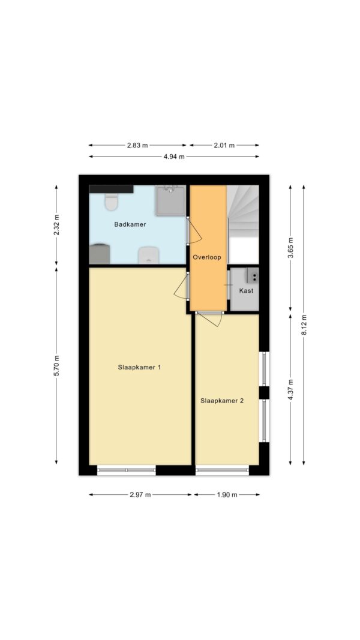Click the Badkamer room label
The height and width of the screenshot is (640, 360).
pos(130,224)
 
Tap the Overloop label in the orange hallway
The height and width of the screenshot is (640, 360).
pos(207,257)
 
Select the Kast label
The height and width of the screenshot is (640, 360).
pos(246,291)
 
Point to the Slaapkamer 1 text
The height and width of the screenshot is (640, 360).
pos(139,367)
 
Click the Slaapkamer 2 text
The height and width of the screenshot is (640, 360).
pos(222,401)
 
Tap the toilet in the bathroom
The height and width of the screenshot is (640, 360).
pos(111,202)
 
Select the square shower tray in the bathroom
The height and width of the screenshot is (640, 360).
pos(170,200)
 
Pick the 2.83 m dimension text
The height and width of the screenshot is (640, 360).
pos(137,145)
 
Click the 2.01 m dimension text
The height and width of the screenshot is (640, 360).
pos(224,145)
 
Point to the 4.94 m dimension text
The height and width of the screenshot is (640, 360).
pos(174,157)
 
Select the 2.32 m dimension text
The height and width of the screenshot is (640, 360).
pos(56,225)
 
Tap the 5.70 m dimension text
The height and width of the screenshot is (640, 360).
pos(56,366)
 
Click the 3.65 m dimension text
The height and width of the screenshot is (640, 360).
pos(290,248)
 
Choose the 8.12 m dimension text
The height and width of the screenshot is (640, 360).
pos(304,325)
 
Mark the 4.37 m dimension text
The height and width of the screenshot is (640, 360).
pos(290,390)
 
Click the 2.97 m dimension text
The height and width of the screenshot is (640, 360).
pos(140,495)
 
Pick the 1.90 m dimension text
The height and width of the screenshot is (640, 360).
pos(227,495)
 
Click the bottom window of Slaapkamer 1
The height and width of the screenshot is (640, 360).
pos(127,470)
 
